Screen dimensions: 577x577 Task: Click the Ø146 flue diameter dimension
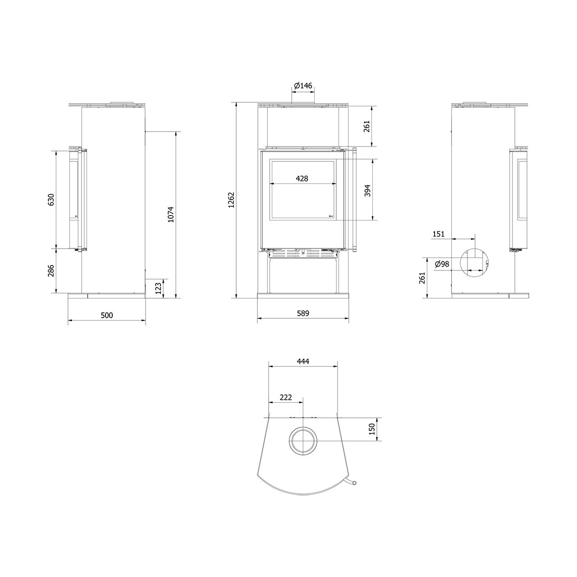click(303, 86)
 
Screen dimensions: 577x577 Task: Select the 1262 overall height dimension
click(231, 200)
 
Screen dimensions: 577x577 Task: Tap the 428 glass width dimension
click(302, 179)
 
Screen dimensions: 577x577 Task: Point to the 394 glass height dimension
click(367, 190)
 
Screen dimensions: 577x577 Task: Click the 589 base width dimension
click(303, 313)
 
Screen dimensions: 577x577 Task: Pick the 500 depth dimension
click(107, 315)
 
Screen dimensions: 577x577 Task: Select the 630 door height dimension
click(51, 200)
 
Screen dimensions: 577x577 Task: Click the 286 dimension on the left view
click(51, 270)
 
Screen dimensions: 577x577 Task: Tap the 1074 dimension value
click(171, 215)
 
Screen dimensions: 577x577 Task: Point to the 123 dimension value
click(158, 288)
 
